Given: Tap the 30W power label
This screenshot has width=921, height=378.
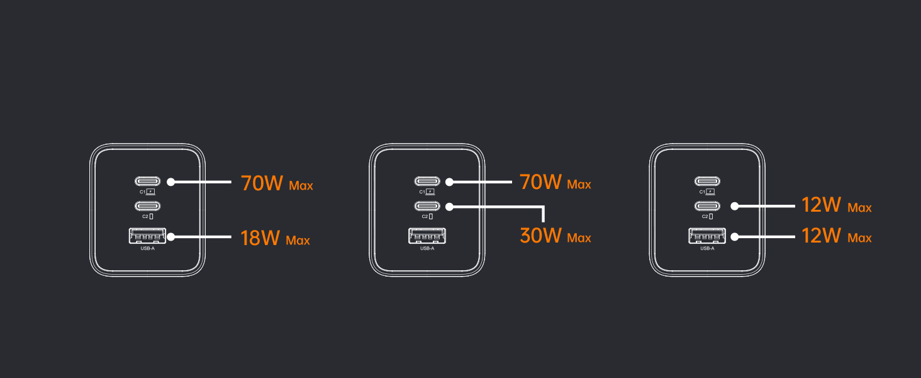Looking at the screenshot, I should (540, 236).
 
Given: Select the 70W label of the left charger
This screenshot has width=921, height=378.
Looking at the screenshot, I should (262, 183).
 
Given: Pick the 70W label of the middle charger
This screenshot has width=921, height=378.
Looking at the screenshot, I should (540, 182).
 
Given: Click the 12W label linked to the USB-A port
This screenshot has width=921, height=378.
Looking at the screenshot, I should (821, 236).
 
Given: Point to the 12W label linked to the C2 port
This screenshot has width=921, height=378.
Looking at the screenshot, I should (821, 205).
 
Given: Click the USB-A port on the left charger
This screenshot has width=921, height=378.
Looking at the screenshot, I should (147, 237).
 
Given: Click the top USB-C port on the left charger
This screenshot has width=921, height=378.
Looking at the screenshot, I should (147, 181).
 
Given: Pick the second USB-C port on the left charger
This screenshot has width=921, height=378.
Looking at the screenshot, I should (147, 205).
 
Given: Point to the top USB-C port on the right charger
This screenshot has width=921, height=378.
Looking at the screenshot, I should (707, 181).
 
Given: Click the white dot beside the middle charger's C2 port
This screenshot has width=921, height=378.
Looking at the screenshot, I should (450, 205).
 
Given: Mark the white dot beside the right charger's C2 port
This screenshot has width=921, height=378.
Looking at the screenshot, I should (734, 205).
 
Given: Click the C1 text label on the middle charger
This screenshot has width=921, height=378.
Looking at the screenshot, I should (422, 192).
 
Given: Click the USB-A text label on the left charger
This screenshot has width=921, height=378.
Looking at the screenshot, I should (147, 249).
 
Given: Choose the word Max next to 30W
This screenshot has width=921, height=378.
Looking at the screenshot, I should (579, 238).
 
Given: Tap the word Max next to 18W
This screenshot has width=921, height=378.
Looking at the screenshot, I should (298, 241).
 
